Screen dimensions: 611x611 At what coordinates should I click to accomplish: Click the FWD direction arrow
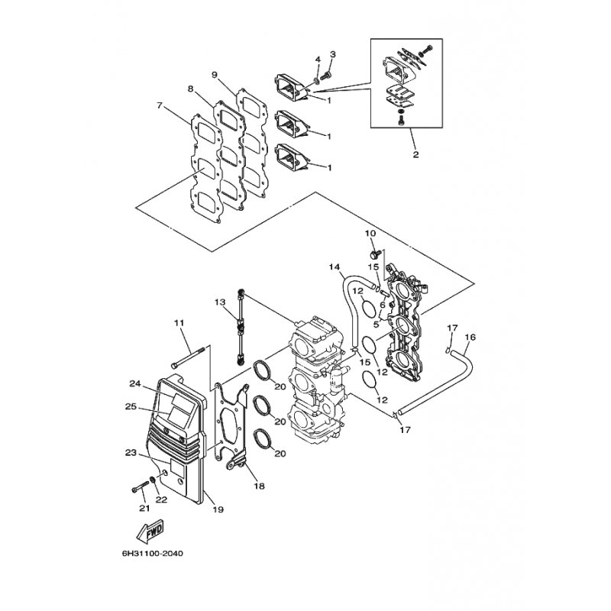(150, 531)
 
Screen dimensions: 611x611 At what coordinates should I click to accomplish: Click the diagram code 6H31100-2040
(152, 553)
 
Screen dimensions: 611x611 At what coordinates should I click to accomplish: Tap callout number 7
(159, 105)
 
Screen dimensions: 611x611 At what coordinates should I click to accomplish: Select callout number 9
(215, 75)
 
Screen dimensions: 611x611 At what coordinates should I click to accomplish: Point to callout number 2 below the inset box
(415, 154)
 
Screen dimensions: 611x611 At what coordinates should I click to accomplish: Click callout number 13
(220, 302)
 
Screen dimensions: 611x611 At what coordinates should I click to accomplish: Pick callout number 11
(179, 322)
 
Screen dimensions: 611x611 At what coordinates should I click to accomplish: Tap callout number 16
(470, 337)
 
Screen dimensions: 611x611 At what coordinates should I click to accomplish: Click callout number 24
(135, 384)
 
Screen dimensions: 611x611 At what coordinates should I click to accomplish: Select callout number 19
(218, 509)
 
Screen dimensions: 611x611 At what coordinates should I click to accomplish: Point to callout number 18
(259, 486)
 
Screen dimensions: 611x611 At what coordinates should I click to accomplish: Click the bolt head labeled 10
(375, 255)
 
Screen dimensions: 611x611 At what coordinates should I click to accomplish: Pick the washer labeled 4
(315, 81)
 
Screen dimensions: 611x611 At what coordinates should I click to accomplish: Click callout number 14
(334, 267)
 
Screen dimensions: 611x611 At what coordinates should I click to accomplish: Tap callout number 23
(131, 453)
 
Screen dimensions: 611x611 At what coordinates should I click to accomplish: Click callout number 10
(370, 233)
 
